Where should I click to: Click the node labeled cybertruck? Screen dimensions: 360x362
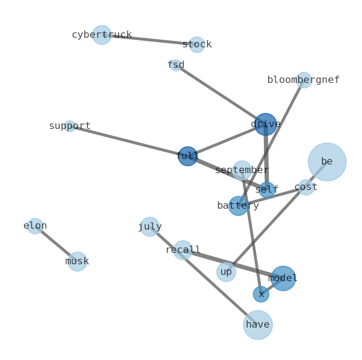[102, 35]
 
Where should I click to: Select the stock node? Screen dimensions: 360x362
[197, 45]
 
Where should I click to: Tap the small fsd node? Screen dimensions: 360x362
[176, 65]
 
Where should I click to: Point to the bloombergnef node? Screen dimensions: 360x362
[304, 80]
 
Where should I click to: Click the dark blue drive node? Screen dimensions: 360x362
[265, 124]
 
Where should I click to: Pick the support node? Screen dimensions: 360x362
[70, 126]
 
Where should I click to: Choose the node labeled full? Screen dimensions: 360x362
[187, 156]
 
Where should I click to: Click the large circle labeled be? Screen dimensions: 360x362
[327, 162]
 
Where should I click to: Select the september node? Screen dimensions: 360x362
[242, 170]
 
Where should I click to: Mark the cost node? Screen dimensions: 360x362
[306, 187]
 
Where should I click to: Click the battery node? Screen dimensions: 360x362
[238, 206]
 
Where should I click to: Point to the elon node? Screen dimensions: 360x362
[35, 226]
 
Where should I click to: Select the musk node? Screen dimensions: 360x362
[77, 262]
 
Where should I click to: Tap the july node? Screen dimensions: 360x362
[150, 227]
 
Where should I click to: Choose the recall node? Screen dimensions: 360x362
[183, 250]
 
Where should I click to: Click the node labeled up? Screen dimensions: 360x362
[226, 272]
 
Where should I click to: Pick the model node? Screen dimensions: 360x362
[283, 278]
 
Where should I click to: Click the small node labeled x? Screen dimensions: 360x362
[261, 294]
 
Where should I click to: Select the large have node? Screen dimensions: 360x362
[258, 325]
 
